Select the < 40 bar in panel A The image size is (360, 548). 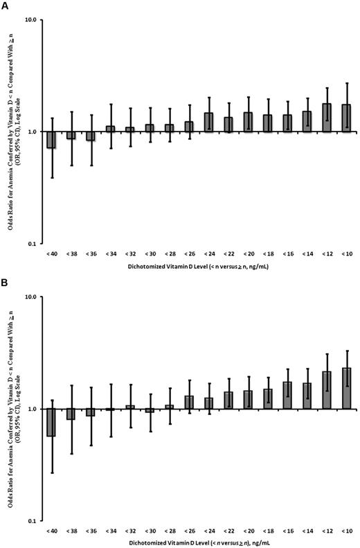coord(51,139)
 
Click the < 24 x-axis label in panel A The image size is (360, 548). coord(208,254)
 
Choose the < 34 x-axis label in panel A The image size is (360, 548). coord(110,254)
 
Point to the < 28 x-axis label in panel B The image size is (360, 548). coord(169,531)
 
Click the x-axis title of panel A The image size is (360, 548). coord(199,266)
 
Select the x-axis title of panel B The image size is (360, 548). coord(199,543)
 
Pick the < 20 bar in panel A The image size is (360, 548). coord(248,122)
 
